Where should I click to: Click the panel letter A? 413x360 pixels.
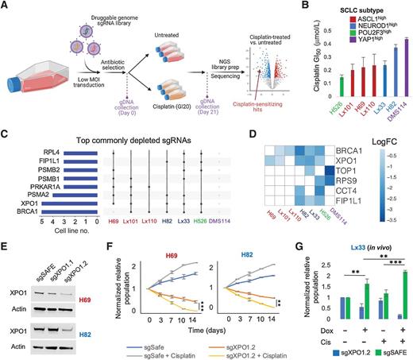click(6, 6)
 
